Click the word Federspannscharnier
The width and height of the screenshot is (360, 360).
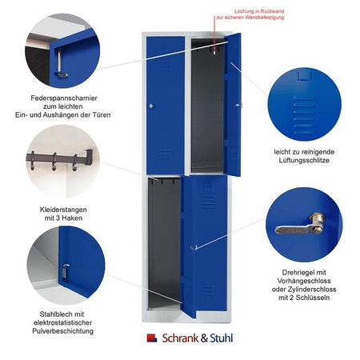coord(64,98)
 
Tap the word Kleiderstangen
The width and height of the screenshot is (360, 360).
coord(63,210)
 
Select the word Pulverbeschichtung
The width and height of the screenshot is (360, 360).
coord(63,331)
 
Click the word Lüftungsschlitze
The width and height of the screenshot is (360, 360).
coord(304,160)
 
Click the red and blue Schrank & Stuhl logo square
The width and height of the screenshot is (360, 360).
coord(152,338)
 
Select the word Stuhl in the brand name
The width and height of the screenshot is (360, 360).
coord(222,338)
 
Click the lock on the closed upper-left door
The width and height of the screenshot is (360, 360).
coord(151,106)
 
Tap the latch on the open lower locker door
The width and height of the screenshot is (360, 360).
coord(194,247)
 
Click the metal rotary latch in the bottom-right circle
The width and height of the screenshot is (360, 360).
coord(301,225)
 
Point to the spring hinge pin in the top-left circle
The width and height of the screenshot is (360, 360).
coord(61,64)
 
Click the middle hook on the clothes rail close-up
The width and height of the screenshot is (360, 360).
coord(54,162)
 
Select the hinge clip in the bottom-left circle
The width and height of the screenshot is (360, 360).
coord(66,272)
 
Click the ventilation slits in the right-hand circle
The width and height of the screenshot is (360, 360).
coord(304,114)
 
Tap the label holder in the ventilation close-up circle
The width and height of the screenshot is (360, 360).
coord(304,77)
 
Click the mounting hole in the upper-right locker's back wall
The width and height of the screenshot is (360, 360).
coord(214,52)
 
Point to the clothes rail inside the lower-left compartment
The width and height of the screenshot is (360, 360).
coord(162,181)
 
